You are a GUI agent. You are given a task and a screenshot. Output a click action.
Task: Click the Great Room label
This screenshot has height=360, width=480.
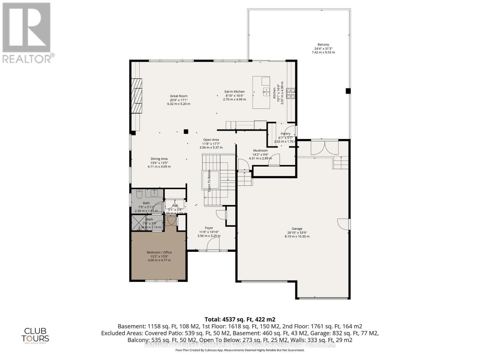pos(178,96)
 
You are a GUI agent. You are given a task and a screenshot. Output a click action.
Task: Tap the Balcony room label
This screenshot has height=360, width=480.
pos(323,45)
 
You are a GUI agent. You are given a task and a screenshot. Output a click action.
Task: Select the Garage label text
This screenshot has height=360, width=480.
pos(297,229)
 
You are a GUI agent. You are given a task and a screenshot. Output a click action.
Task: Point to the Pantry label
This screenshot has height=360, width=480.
pos(285,134)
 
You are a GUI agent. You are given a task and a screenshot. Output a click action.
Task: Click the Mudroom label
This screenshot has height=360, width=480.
pos(260,151)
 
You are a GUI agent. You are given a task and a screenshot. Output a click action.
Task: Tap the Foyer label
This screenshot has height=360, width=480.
pos(209,228)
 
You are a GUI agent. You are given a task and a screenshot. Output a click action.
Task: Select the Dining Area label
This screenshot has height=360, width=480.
pos(159,159)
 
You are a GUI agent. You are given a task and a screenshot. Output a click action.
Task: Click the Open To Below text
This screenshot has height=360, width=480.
pos(209,181)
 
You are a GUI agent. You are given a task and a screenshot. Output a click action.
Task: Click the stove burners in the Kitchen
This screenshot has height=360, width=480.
pos(290,94)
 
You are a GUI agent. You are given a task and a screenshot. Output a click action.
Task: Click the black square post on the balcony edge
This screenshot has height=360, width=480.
pos(348,91)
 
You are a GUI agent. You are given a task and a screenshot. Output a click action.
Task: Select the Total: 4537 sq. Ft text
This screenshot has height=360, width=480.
pos(240,319)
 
